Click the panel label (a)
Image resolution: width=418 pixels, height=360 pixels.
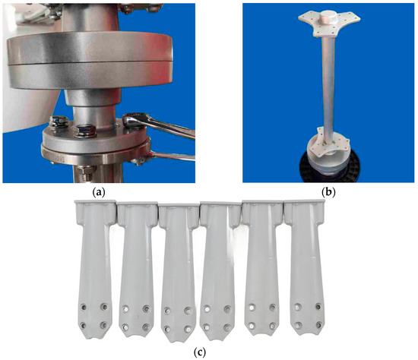[x=98, y=192]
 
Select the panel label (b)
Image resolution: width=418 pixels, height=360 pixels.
[x=328, y=192]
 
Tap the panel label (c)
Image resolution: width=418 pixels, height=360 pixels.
[x=199, y=352]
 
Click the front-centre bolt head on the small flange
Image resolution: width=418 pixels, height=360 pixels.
[x=85, y=130]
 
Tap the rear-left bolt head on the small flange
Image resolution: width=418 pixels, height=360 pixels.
[x=59, y=121]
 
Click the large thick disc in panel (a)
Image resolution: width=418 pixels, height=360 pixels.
[x=90, y=60]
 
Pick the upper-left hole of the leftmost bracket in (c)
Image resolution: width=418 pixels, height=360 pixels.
[x=84, y=308]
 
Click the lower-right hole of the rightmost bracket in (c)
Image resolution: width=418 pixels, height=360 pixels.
[x=318, y=325]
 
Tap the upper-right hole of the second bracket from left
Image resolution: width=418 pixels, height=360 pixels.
[x=146, y=309]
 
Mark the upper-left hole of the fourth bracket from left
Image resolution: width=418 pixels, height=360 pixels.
[x=207, y=309]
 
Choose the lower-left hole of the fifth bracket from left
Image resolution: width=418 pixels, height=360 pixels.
[x=251, y=325]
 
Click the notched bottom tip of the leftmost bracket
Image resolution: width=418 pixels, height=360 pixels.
[x=93, y=336]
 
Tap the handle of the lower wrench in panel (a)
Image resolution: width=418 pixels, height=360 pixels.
[x=173, y=156]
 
